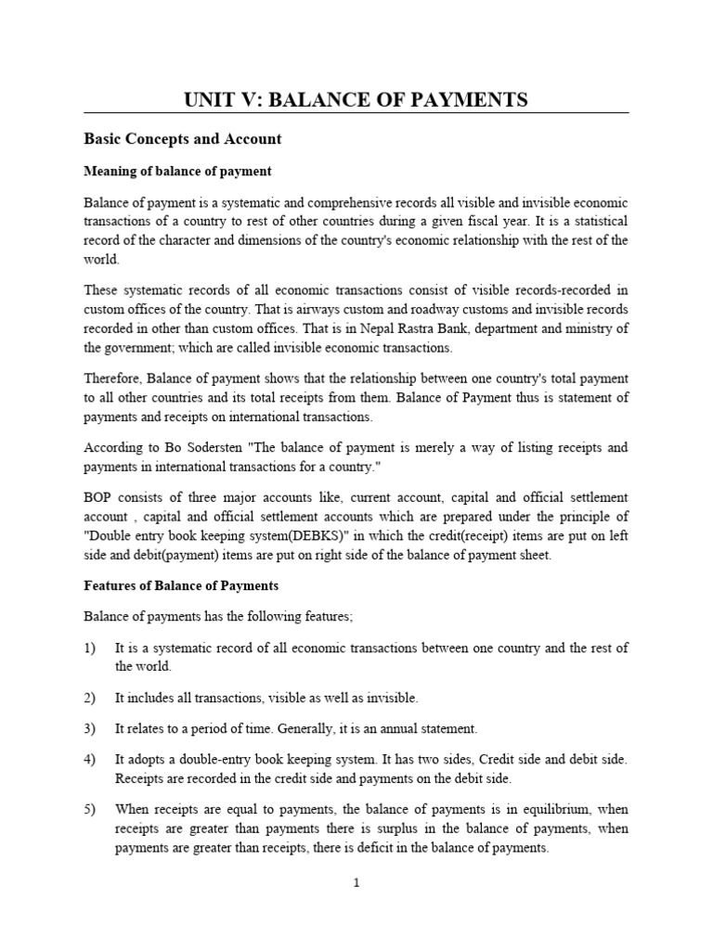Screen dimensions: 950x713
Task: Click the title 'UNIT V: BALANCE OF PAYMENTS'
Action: pos(356,99)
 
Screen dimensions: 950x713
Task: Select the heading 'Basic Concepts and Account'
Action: pos(182,139)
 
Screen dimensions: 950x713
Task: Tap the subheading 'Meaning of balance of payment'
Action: pos(177,172)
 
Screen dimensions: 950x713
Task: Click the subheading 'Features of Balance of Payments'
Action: pos(181,586)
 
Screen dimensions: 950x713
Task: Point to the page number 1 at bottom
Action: pos(356,882)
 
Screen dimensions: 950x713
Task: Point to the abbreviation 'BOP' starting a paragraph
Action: pos(99,497)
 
